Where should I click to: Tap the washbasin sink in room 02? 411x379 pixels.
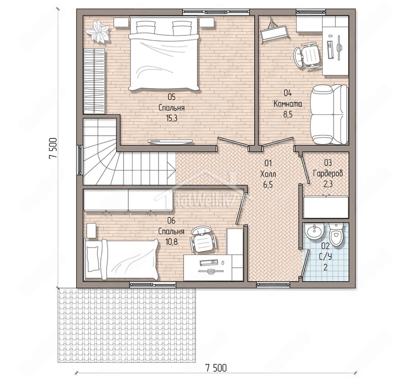pos(314,231)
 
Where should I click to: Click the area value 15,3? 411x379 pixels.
pos(172,118)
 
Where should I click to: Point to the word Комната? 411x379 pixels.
pos(288,104)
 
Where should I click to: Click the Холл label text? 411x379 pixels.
pos(268,174)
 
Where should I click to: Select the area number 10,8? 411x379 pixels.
pos(171,241)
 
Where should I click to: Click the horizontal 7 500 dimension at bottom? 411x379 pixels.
pos(216,368)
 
